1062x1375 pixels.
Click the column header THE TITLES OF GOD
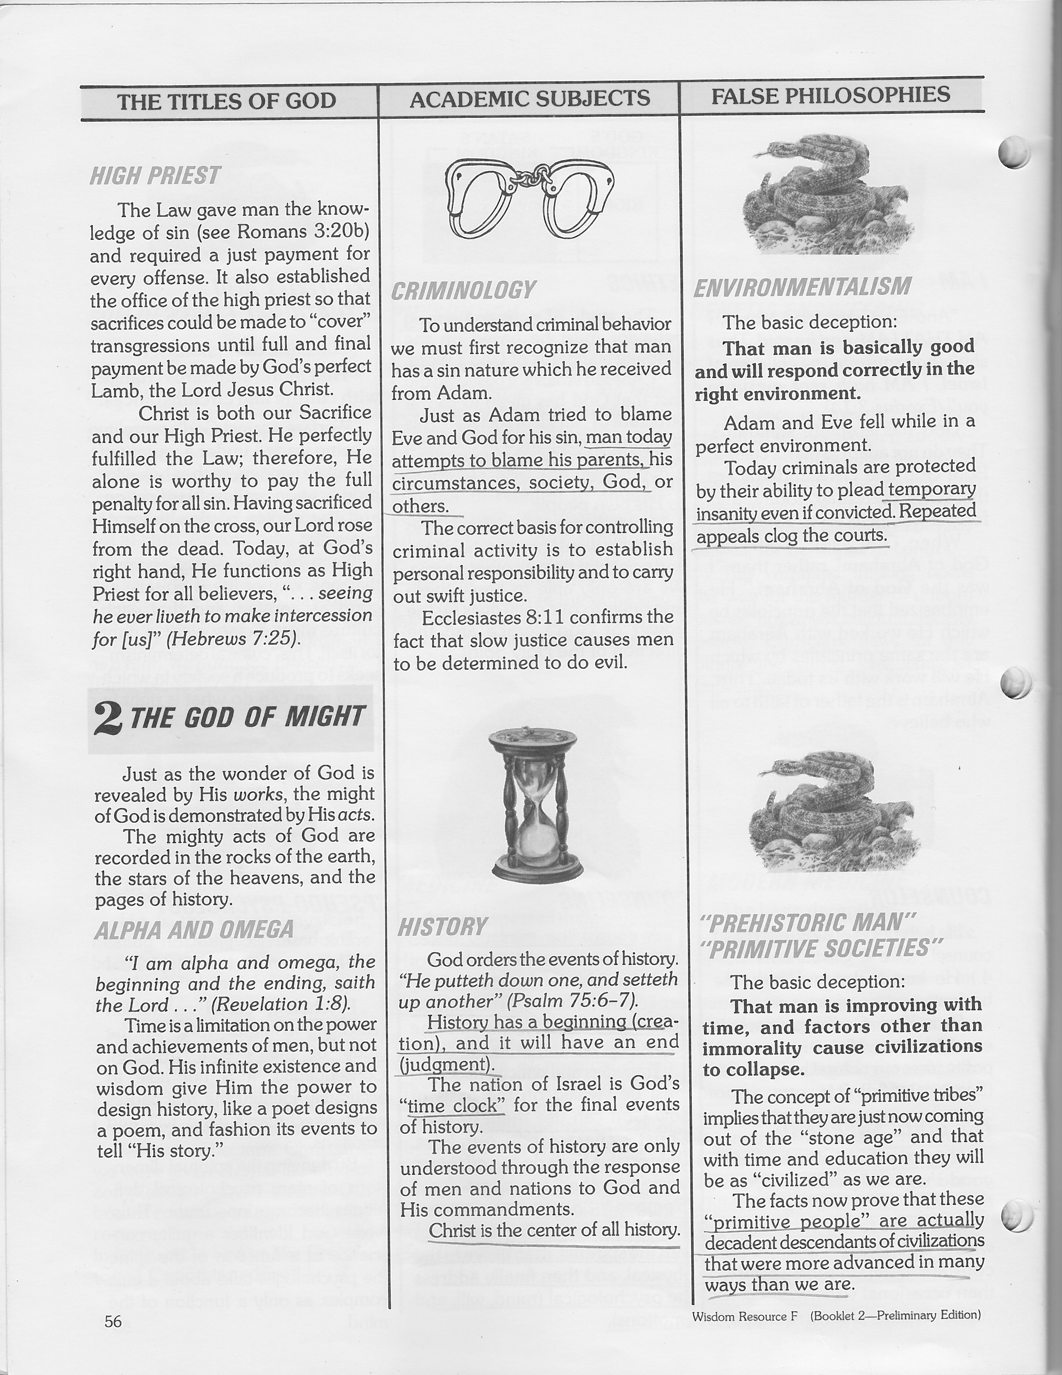[x=227, y=101]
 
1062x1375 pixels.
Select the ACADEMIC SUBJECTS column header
[x=530, y=98]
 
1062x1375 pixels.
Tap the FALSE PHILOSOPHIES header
[x=830, y=96]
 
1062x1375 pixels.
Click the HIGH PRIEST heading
[x=155, y=176]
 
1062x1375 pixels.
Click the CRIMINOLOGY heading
[x=463, y=291]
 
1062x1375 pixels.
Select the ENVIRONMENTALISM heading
[x=802, y=287]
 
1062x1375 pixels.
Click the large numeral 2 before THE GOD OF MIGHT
[x=108, y=718]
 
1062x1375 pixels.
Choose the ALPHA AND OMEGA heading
[x=194, y=930]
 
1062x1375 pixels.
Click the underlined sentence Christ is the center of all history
[x=553, y=1230]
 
